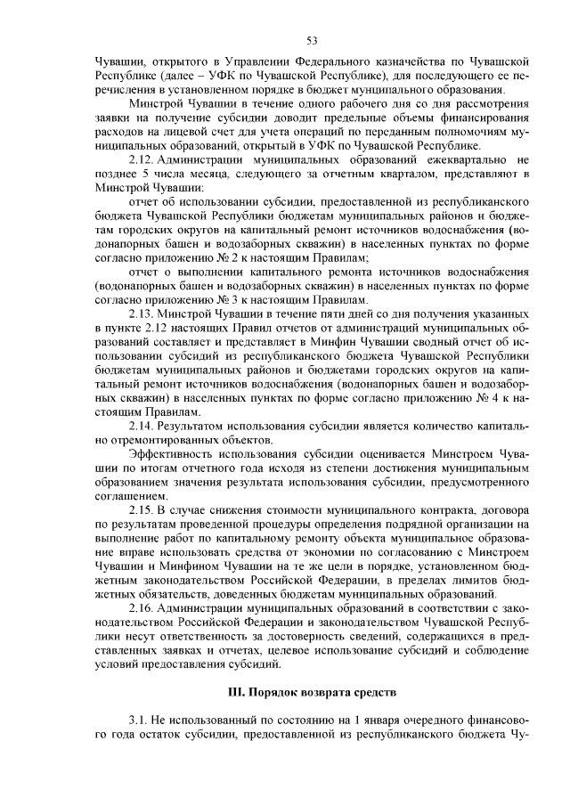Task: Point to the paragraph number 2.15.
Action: coord(143,509)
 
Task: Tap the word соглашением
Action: coord(133,495)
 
